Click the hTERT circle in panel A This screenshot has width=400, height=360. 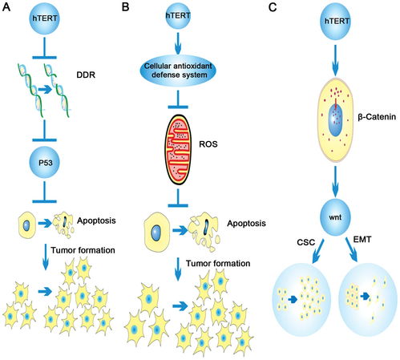pyautogui.click(x=45, y=18)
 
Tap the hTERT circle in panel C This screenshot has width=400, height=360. pyautogui.click(x=335, y=21)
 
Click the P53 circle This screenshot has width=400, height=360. pyautogui.click(x=45, y=162)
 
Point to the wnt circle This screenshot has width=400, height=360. pyautogui.click(x=335, y=217)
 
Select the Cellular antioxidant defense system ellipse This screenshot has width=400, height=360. pyautogui.click(x=178, y=71)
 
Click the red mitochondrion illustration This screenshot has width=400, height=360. pyautogui.click(x=178, y=150)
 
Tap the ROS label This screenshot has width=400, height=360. pyautogui.click(x=208, y=144)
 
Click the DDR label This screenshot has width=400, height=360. pyautogui.click(x=86, y=75)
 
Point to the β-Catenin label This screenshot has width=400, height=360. pyautogui.click(x=377, y=117)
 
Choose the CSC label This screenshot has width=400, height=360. pyautogui.click(x=306, y=243)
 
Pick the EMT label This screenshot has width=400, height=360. pyautogui.click(x=362, y=240)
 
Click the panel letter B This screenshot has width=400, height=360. pyautogui.click(x=125, y=7)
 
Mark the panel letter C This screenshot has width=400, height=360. pyautogui.click(x=273, y=7)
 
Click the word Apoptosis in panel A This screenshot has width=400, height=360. pyautogui.click(x=96, y=220)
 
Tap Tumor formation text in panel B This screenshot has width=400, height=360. pyautogui.click(x=218, y=264)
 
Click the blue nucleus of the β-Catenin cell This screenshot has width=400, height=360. pyautogui.click(x=335, y=119)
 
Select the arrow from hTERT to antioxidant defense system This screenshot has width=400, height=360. pyautogui.click(x=178, y=43)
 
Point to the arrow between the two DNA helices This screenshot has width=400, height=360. pyautogui.click(x=45, y=90)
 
